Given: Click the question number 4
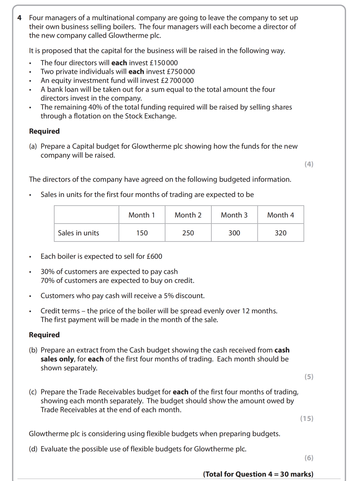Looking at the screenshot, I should pyautogui.click(x=20, y=18).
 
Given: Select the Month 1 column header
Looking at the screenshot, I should pyautogui.click(x=142, y=215).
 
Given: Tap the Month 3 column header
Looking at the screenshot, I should pyautogui.click(x=234, y=215).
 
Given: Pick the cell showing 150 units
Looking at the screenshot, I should pyautogui.click(x=142, y=233).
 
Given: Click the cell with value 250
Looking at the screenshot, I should pyautogui.click(x=188, y=233).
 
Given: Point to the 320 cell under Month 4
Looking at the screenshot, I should pyautogui.click(x=281, y=233).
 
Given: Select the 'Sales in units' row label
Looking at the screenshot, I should pyautogui.click(x=78, y=233).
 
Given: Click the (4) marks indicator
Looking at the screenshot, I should pyautogui.click(x=309, y=164).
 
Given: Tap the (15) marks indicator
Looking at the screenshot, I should pyautogui.click(x=307, y=419).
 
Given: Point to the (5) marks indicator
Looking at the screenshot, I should pyautogui.click(x=309, y=377).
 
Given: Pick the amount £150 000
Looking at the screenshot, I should pyautogui.click(x=164, y=63).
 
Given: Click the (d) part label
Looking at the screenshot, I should pyautogui.click(x=33, y=449).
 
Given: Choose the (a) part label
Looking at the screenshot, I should pyautogui.click(x=33, y=146).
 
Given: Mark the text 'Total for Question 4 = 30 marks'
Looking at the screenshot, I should pyautogui.click(x=258, y=474).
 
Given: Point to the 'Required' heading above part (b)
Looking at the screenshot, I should pyautogui.click(x=44, y=335).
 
